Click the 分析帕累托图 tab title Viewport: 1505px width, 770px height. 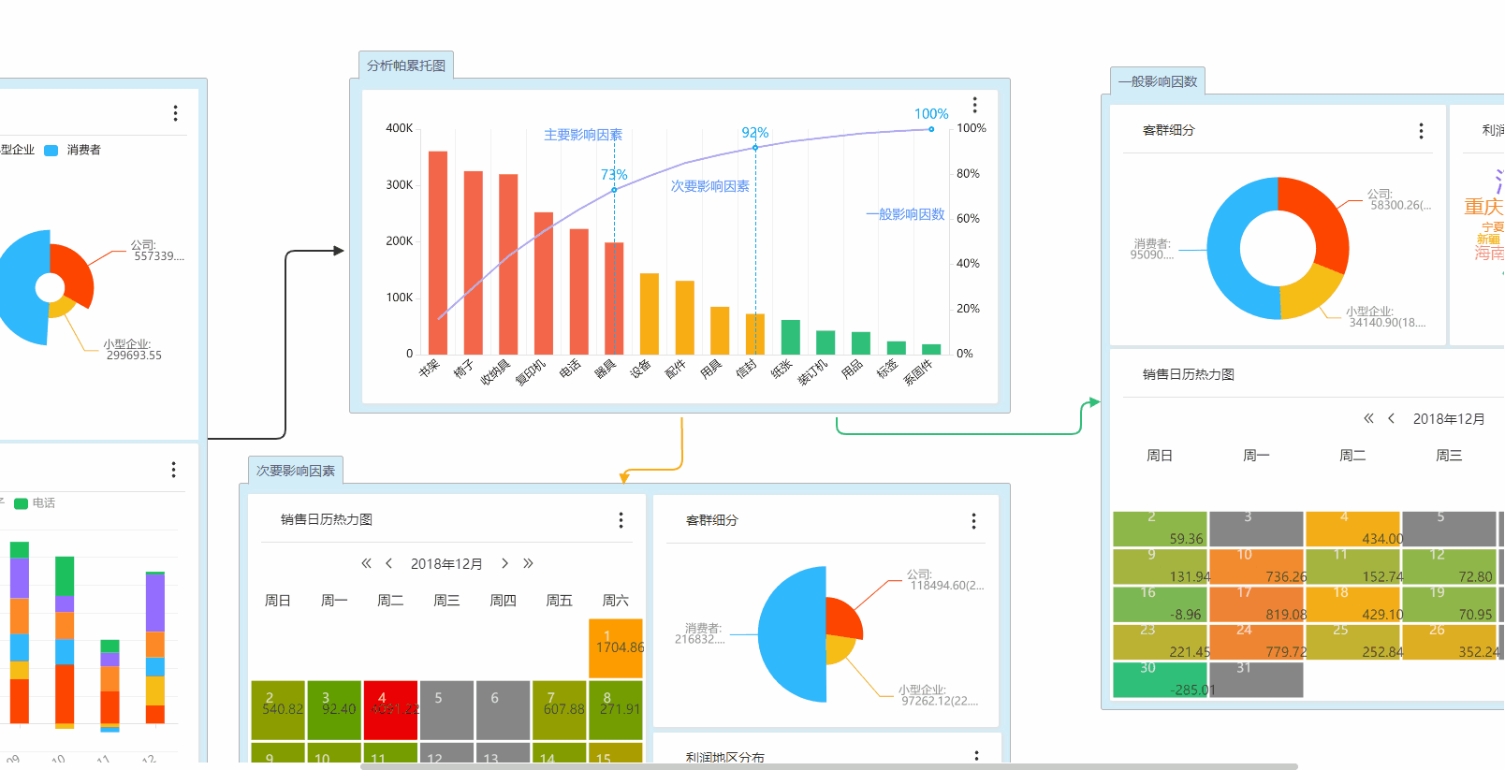click(x=406, y=65)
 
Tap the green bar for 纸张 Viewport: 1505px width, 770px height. click(x=790, y=337)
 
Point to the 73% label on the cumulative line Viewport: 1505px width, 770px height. click(x=614, y=175)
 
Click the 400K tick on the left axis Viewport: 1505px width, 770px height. click(x=400, y=128)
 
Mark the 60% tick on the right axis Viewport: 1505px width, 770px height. click(x=968, y=219)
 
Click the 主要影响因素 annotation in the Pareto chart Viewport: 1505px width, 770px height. click(x=583, y=135)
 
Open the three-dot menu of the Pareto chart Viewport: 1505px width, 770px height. click(x=974, y=105)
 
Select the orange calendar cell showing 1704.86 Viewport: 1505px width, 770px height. click(x=616, y=647)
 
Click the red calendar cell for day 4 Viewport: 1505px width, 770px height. click(x=390, y=709)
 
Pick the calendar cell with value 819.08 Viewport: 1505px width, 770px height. click(x=1257, y=603)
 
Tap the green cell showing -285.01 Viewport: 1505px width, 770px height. click(x=1160, y=679)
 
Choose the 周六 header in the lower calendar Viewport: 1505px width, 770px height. click(x=615, y=601)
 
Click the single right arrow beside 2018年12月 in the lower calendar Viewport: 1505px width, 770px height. click(x=504, y=563)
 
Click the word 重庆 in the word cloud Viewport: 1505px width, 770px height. click(x=1483, y=206)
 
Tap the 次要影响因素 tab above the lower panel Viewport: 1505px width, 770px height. click(x=296, y=471)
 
